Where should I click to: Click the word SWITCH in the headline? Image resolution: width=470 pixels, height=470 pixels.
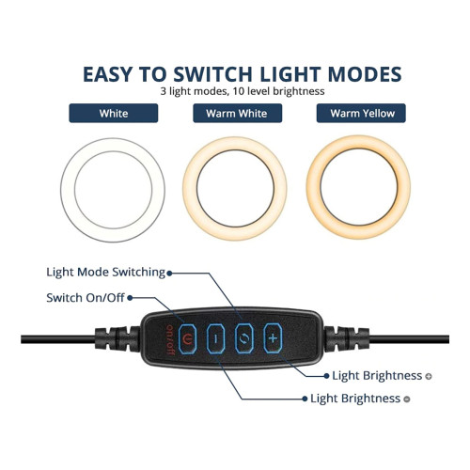pyautogui.click(x=213, y=74)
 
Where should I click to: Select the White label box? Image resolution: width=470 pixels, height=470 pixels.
pyautogui.click(x=114, y=113)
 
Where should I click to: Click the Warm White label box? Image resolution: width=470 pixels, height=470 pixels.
pyautogui.click(x=238, y=113)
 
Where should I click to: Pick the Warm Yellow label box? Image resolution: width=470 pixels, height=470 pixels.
pyautogui.click(x=361, y=113)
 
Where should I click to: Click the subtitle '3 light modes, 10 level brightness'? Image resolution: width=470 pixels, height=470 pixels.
pyautogui.click(x=243, y=91)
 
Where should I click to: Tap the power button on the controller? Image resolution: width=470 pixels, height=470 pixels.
pyautogui.click(x=187, y=338)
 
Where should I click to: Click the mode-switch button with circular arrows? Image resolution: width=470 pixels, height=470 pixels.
pyautogui.click(x=244, y=338)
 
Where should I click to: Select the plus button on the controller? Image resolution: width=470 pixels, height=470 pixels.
pyautogui.click(x=273, y=338)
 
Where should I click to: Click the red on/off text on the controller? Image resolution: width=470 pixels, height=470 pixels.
pyautogui.click(x=170, y=339)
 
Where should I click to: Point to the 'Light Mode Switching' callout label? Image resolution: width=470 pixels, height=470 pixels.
pyautogui.click(x=106, y=273)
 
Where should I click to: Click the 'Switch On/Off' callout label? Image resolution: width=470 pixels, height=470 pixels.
pyautogui.click(x=86, y=298)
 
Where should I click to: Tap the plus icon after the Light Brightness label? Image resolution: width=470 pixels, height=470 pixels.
pyautogui.click(x=429, y=376)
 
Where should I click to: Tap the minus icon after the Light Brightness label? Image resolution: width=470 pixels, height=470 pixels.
pyautogui.click(x=407, y=399)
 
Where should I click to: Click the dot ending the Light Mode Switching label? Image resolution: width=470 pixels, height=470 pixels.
pyautogui.click(x=169, y=274)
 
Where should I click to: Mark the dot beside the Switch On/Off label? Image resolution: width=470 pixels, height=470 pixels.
pyautogui.click(x=130, y=298)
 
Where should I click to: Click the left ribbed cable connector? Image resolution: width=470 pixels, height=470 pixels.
pyautogui.click(x=117, y=338)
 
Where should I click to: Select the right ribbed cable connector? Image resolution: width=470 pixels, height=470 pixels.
pyautogui.click(x=347, y=338)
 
